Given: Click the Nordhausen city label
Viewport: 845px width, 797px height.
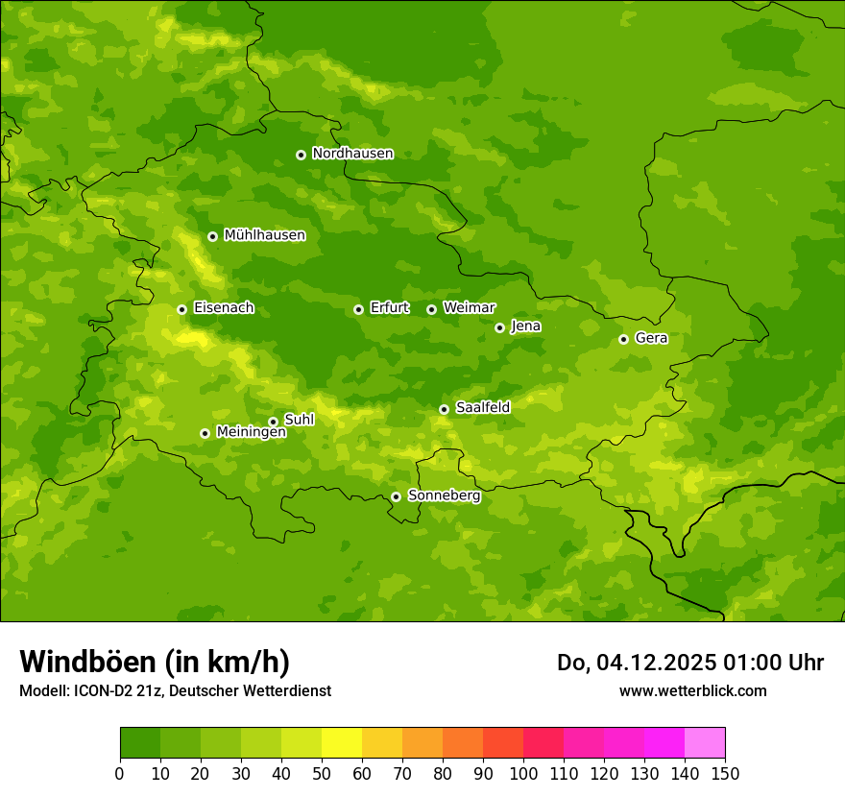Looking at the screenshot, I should point(352,154).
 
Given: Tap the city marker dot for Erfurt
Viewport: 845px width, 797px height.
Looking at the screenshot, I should point(358,309).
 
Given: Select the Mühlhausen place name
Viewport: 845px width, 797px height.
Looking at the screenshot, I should point(264,235).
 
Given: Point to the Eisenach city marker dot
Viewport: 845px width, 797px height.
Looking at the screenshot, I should point(181,309).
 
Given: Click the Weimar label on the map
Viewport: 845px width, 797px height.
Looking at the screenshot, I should point(469,308).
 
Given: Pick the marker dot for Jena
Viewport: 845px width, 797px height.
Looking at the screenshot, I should point(499,327).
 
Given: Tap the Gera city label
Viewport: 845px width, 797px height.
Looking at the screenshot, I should point(651,338).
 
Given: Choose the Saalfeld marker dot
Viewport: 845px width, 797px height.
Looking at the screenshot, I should point(444,409).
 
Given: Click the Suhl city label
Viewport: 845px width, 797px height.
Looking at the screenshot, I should point(300,420).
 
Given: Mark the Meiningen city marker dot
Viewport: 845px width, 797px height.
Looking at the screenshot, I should point(205,433).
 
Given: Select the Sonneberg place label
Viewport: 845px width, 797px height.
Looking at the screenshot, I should point(444,495).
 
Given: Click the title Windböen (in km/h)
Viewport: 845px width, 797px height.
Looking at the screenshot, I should point(155,662).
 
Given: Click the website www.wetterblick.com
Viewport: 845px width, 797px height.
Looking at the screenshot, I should point(692,690).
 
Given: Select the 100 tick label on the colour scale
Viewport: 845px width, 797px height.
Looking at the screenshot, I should point(523,773).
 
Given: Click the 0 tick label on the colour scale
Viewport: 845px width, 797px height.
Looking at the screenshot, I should point(120,773).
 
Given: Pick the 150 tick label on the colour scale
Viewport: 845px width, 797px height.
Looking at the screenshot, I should point(725,773).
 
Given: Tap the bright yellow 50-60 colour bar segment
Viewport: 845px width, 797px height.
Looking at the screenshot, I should point(342,743).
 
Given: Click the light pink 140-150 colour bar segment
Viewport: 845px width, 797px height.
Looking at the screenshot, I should point(705,743).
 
